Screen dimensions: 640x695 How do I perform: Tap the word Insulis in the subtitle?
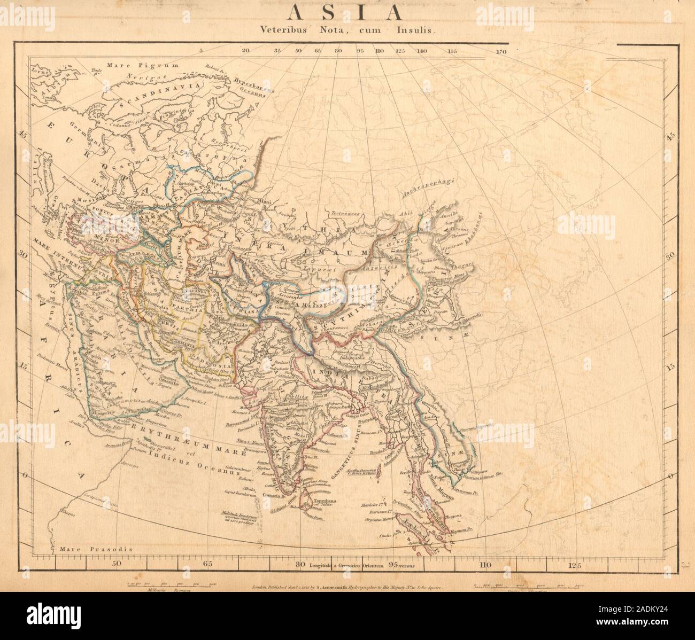[x=420, y=32]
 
